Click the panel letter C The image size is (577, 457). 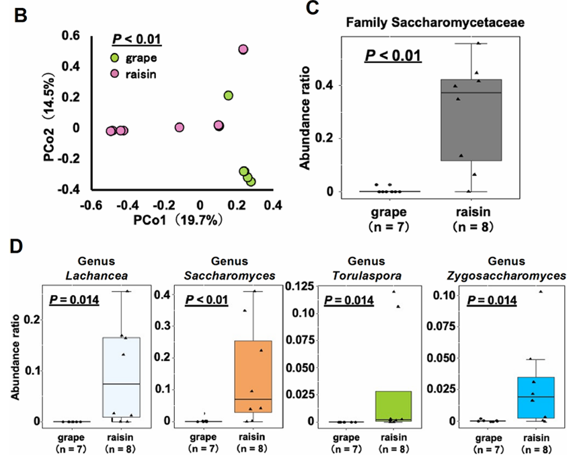(x=311, y=8)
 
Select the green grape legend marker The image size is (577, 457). (x=117, y=58)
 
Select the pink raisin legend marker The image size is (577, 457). (x=117, y=73)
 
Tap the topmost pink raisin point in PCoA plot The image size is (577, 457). (x=243, y=49)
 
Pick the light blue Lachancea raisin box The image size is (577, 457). (x=120, y=377)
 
